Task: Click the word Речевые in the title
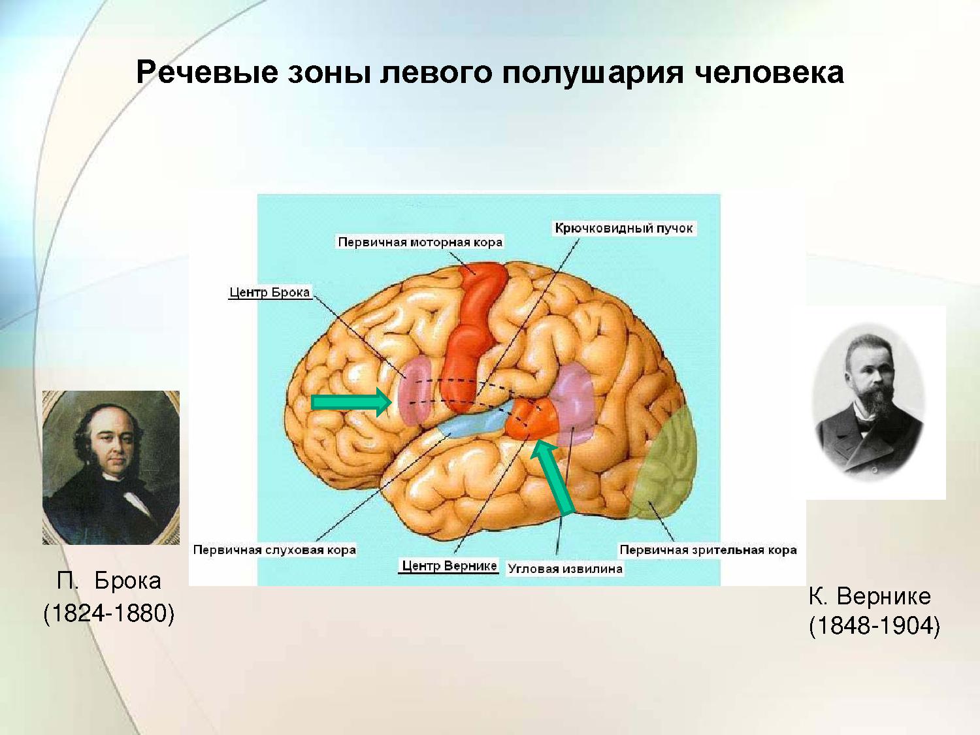tap(207, 73)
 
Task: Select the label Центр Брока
tap(269, 292)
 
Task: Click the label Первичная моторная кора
tap(420, 242)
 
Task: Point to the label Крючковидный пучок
tap(624, 229)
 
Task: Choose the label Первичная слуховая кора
tap(274, 550)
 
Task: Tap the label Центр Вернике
tap(449, 566)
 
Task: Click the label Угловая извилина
tap(565, 569)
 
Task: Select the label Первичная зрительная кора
tap(708, 550)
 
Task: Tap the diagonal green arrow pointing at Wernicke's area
tap(552, 477)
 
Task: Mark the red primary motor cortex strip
tap(473, 335)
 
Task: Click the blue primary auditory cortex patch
tap(473, 421)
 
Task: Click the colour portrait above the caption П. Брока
tap(111, 468)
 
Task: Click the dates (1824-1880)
tap(109, 613)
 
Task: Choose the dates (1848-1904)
tap(874, 625)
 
